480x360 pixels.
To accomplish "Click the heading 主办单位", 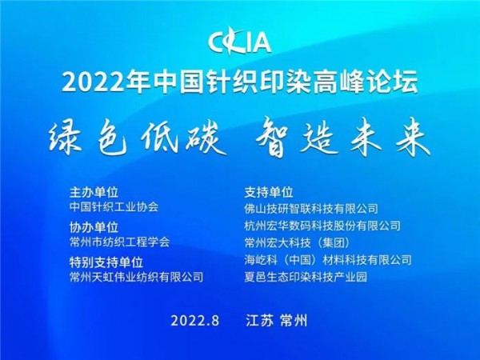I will tap(94, 192).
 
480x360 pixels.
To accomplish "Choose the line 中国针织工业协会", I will tap(114, 206).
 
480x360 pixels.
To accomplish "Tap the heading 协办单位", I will tap(94, 226).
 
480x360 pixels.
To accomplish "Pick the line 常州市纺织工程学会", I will tap(120, 241).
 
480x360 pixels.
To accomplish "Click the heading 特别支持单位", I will tap(106, 262).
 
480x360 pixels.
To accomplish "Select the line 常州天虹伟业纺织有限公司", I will tap(137, 277).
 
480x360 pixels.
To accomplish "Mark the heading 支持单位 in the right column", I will tap(269, 192).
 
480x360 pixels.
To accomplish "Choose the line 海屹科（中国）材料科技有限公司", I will tap(328, 260).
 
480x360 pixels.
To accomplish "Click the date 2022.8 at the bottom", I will tap(195, 320).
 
